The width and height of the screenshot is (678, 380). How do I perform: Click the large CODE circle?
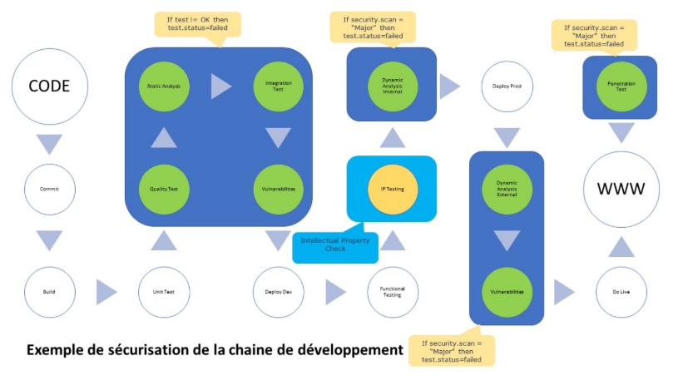click(x=49, y=86)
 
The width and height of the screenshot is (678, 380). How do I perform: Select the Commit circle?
click(x=49, y=189)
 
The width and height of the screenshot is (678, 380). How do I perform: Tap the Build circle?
click(x=49, y=293)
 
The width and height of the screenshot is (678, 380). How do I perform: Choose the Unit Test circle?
click(x=164, y=293)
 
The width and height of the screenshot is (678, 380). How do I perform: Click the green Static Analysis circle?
click(x=164, y=86)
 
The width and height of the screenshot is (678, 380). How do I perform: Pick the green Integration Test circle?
click(x=278, y=86)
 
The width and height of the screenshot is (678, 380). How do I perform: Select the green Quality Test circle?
click(x=164, y=189)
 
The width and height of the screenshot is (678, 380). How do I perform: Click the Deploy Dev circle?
click(x=278, y=293)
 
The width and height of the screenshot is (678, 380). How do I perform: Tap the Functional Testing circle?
click(x=392, y=293)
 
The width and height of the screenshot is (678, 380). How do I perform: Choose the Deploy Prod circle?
click(x=506, y=86)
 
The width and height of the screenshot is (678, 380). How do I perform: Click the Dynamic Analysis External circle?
click(x=506, y=189)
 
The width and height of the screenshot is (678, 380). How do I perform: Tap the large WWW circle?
click(x=621, y=189)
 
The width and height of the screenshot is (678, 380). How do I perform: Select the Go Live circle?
click(x=621, y=293)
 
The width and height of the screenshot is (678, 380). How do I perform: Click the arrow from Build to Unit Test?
click(x=107, y=293)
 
